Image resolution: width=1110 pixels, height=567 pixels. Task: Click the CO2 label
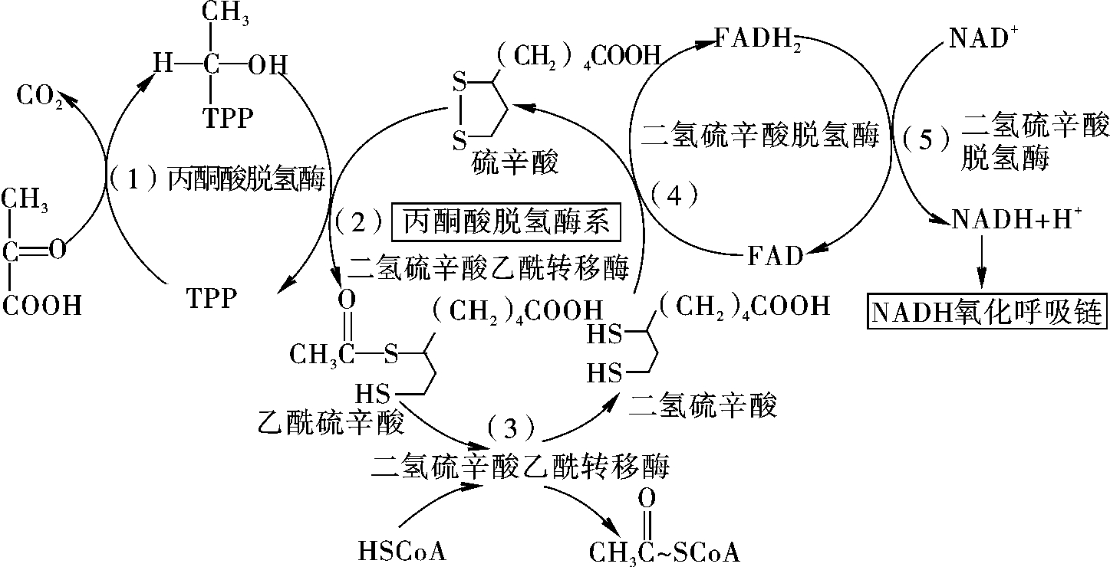pos(40,96)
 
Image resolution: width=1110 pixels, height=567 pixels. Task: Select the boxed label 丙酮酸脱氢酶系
pos(506,221)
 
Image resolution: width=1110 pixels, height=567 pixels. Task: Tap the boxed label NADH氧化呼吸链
pos(987,312)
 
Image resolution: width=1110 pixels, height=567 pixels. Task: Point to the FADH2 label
pos(758,38)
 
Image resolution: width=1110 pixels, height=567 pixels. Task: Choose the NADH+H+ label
pos(1016,218)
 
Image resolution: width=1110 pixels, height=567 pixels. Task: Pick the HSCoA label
pos(402,551)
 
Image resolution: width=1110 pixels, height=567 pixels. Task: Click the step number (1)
pos(132,179)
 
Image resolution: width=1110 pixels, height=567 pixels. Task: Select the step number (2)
pos(359,221)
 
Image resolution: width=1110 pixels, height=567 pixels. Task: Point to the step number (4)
pos(674,195)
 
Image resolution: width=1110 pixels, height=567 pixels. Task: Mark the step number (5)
pos(925,139)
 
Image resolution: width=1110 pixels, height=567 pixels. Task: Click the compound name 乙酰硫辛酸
pos(331,422)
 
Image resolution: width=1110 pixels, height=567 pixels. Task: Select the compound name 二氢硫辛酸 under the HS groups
pos(703,405)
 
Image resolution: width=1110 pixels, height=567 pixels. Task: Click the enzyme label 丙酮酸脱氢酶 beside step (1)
pos(246,179)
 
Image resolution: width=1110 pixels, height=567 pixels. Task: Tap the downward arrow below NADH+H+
pos(982,262)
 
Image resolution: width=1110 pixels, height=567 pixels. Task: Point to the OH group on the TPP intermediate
pos(268,65)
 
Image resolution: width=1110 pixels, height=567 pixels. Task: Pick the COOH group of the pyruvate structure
pos(42,305)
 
